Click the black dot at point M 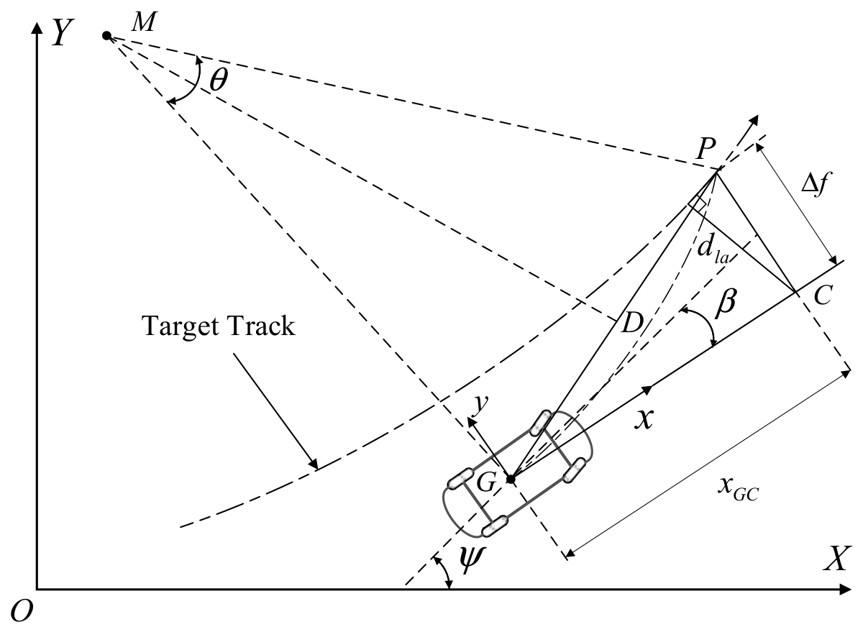106,36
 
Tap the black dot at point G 511,480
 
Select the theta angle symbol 219,80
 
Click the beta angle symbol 725,304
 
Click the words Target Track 219,326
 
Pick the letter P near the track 706,148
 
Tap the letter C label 823,296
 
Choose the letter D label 632,322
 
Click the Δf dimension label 814,184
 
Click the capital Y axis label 63,34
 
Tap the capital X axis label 836,559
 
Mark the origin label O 22,611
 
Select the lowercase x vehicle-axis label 644,418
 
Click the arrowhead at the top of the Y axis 37,28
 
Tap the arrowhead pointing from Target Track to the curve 314,464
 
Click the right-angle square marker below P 698,203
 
